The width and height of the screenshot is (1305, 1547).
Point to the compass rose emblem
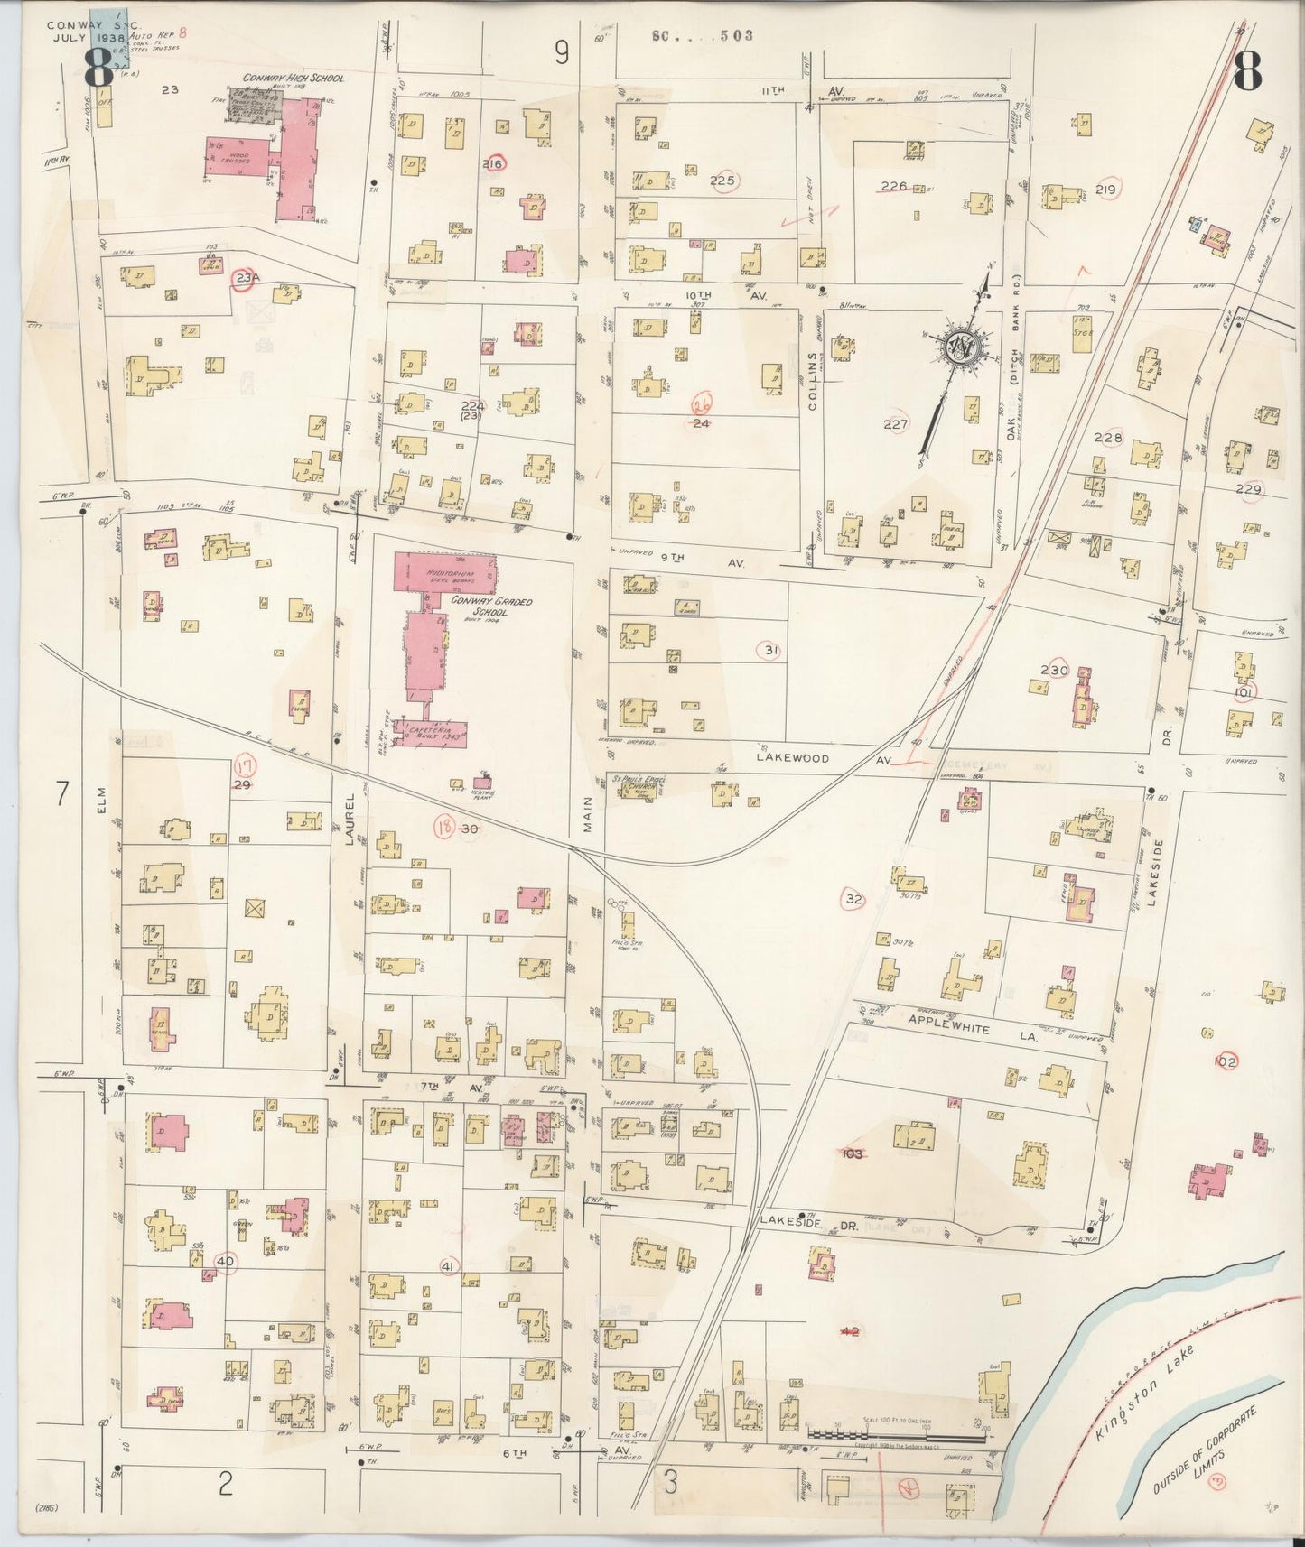(x=958, y=346)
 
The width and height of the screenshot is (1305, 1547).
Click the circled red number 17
(x=245, y=767)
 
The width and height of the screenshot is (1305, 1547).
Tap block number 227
(x=895, y=423)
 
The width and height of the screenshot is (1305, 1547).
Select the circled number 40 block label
(x=226, y=1261)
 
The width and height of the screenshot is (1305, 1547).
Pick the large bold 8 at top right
(x=1246, y=72)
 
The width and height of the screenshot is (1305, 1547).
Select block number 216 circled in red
(x=494, y=164)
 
